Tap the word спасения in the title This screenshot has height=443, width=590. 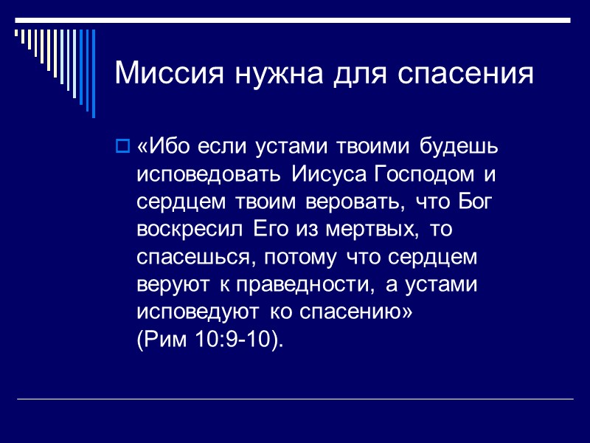(465, 74)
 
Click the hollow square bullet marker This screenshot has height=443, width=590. (123, 145)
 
